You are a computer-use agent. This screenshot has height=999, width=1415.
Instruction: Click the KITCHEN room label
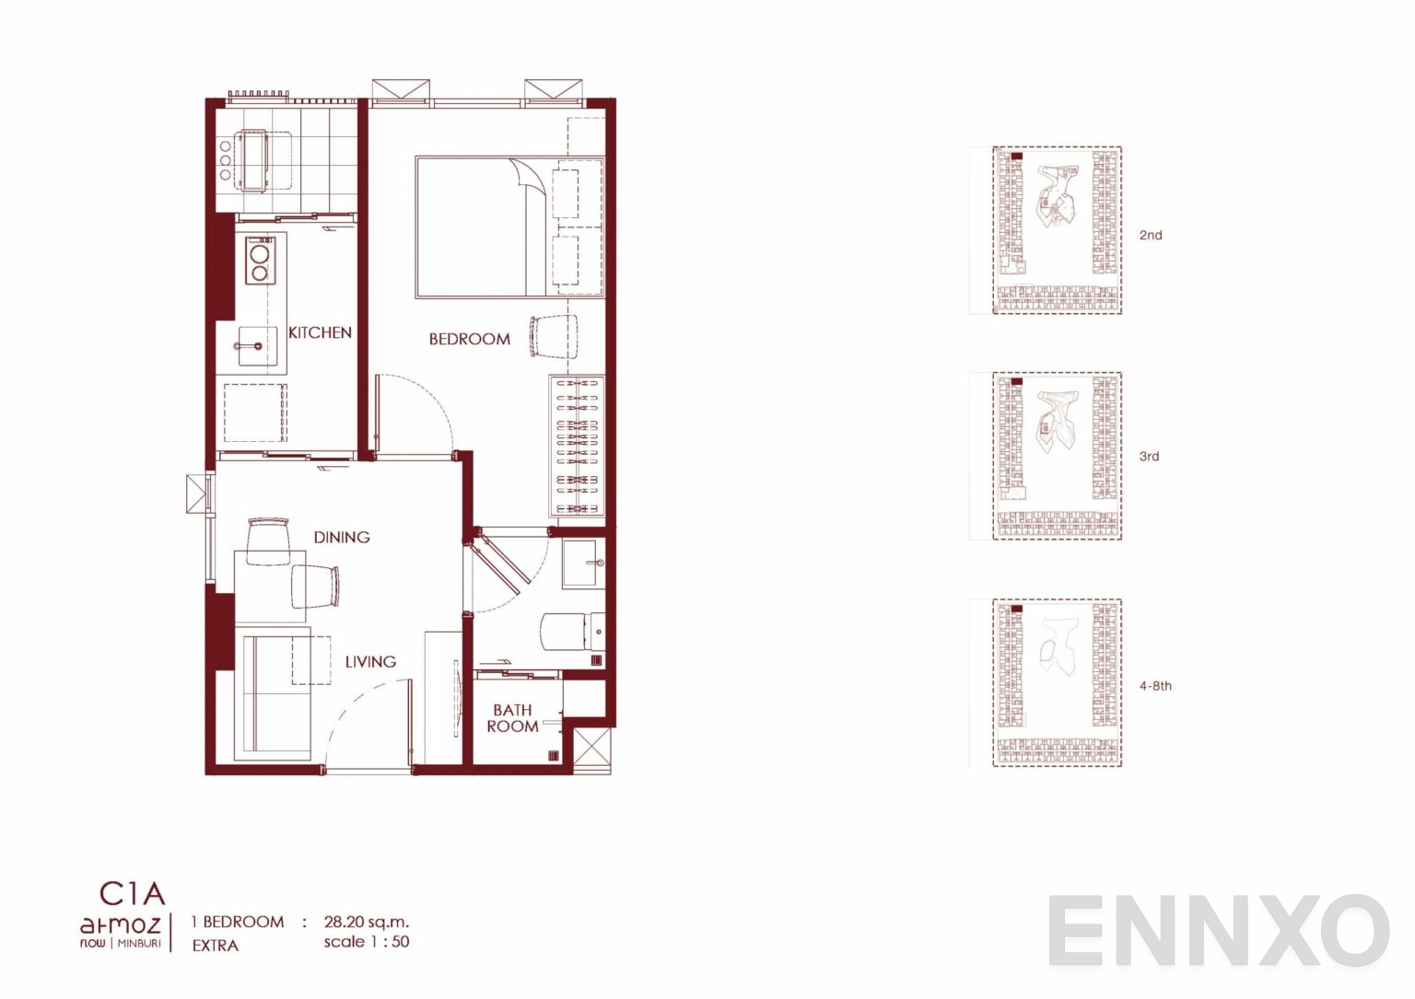click(320, 332)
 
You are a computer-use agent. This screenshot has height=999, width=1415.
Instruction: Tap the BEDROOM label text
click(469, 339)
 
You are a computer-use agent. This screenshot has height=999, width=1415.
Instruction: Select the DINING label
click(342, 538)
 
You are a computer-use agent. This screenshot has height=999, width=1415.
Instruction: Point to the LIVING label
click(371, 662)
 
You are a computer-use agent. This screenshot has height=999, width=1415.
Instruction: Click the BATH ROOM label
click(512, 718)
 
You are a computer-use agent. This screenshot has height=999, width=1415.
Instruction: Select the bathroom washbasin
click(584, 563)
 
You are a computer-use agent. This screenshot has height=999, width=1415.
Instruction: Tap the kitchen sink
click(257, 346)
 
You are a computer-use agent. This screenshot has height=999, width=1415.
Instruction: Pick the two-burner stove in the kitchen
click(261, 261)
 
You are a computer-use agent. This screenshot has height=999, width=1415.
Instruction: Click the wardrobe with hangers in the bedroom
click(577, 446)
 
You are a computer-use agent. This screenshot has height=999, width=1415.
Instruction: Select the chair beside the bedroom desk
click(554, 337)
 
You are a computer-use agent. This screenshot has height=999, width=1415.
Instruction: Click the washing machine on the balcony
click(252, 160)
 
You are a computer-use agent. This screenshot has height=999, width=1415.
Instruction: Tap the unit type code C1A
click(133, 893)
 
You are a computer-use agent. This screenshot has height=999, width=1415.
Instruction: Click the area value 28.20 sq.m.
click(367, 922)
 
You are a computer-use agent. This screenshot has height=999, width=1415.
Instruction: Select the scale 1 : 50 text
click(367, 942)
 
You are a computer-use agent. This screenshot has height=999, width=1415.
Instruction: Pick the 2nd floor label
click(1151, 235)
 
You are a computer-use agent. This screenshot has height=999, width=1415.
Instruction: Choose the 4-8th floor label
click(1155, 686)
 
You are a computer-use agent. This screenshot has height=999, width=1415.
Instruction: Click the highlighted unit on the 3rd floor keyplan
click(1017, 382)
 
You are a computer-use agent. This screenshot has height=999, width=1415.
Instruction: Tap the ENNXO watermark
click(1219, 931)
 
